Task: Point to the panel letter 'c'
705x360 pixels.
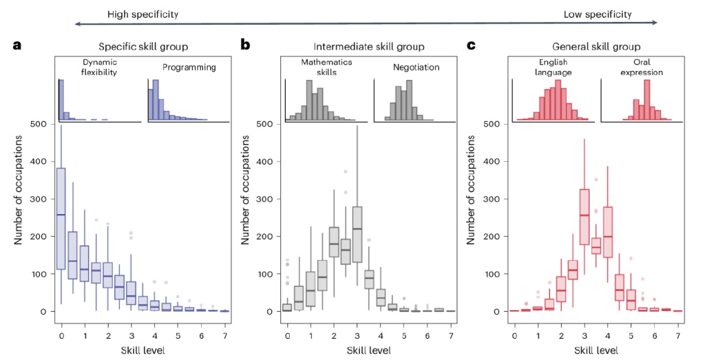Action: pos(472,46)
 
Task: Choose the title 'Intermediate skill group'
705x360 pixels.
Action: pos(369,47)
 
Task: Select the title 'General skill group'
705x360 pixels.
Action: pos(596,47)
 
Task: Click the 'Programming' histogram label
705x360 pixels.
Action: pos(189,67)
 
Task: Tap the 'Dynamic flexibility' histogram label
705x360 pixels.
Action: pos(98,67)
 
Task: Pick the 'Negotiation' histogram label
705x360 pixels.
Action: pos(416,67)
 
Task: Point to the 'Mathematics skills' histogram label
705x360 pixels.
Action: pos(325,67)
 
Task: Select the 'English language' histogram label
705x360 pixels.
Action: pos(552,67)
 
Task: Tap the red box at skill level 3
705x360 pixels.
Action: pos(584,216)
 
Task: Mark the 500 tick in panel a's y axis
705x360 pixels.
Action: pos(40,125)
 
